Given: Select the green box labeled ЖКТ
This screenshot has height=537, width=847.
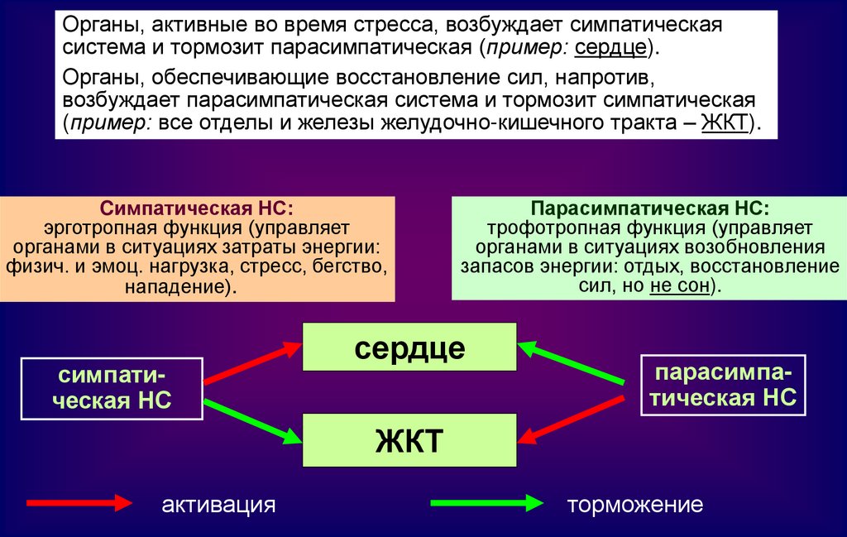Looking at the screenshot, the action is click(409, 441).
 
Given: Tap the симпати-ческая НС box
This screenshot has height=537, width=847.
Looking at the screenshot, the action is click(111, 387).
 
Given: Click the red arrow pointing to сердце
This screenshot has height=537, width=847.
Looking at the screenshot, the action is click(252, 362).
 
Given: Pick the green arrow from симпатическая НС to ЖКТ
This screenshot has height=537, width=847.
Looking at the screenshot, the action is click(252, 420).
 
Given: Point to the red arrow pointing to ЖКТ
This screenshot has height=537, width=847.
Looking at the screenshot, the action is click(571, 419).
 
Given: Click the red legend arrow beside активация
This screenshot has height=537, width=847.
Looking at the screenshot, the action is click(79, 503).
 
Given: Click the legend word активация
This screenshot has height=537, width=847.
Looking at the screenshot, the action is click(218, 505).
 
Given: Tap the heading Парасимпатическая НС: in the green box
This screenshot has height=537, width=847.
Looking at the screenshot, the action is click(649, 208).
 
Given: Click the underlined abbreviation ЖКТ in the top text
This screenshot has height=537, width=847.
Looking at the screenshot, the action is click(725, 123).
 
